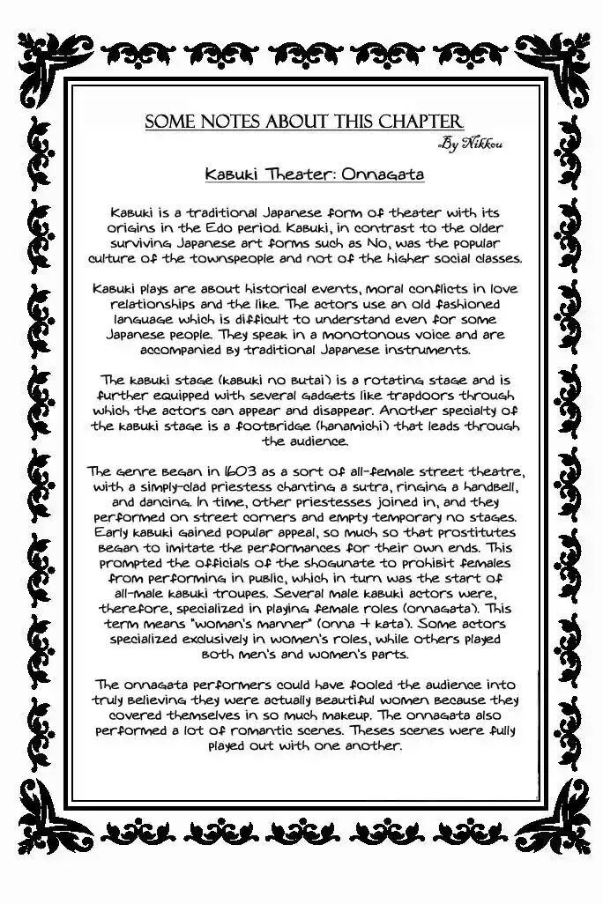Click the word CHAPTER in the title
(x=418, y=122)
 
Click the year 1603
(x=215, y=472)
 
